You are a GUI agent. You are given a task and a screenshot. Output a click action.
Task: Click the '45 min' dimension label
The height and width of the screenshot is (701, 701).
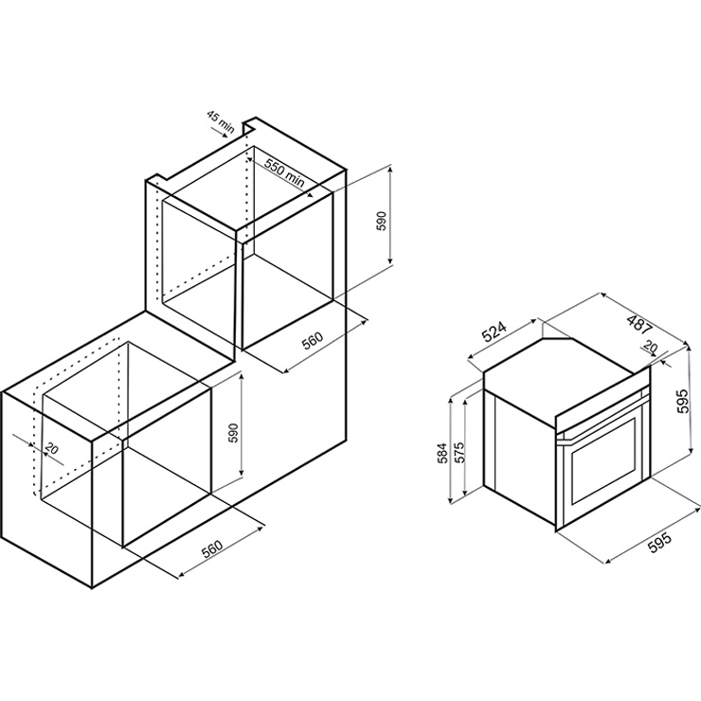tap(221, 120)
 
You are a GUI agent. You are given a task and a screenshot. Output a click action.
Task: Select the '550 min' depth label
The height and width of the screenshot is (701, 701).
tap(284, 172)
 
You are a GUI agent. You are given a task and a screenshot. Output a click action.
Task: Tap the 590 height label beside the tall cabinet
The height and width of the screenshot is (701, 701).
tap(381, 221)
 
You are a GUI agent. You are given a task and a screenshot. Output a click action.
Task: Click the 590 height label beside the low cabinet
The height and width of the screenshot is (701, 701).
tap(234, 432)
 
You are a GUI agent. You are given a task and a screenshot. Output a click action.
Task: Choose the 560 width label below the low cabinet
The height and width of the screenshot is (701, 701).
tap(212, 549)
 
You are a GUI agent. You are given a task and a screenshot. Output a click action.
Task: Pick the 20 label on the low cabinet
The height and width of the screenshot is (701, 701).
tap(52, 448)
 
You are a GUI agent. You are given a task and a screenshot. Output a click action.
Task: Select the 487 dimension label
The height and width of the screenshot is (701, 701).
tap(639, 325)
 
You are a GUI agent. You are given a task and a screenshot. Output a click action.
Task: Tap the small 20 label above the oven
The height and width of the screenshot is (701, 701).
tap(651, 347)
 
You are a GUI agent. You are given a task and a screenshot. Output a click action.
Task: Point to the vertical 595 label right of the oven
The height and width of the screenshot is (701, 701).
tap(681, 401)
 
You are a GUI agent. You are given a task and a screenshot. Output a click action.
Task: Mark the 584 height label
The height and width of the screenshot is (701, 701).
tap(443, 454)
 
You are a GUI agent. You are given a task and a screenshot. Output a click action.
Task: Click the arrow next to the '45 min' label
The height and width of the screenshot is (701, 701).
tap(222, 134)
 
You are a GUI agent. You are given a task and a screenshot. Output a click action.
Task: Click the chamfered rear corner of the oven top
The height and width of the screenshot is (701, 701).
tap(558, 339)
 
